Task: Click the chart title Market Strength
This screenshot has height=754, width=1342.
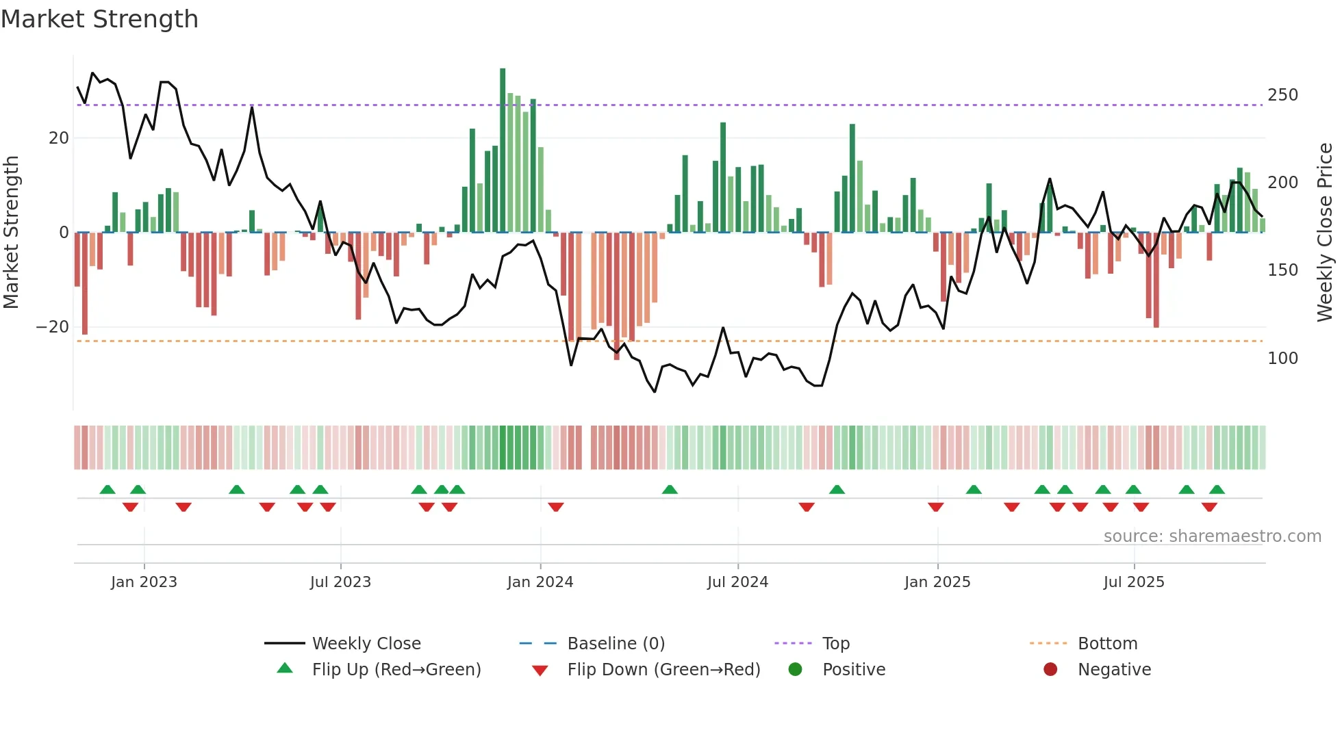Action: click(99, 19)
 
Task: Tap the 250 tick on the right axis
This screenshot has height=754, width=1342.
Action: click(1282, 95)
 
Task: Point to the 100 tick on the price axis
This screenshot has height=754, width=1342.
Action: click(1282, 359)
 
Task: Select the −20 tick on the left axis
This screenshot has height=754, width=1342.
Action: click(53, 327)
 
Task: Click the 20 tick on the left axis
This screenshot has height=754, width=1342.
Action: click(59, 138)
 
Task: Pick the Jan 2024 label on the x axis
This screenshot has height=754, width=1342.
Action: click(540, 582)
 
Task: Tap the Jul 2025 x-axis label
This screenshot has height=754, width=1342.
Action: click(1133, 582)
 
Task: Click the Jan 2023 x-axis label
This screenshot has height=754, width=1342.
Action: click(144, 582)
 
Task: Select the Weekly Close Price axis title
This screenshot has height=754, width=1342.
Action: click(1325, 233)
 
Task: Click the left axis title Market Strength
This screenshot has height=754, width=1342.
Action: click(11, 233)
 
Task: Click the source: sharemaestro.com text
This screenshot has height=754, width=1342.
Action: click(1212, 536)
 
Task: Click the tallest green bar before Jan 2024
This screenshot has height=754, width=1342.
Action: click(503, 151)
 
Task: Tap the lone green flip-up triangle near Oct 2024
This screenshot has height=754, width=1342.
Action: click(837, 489)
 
